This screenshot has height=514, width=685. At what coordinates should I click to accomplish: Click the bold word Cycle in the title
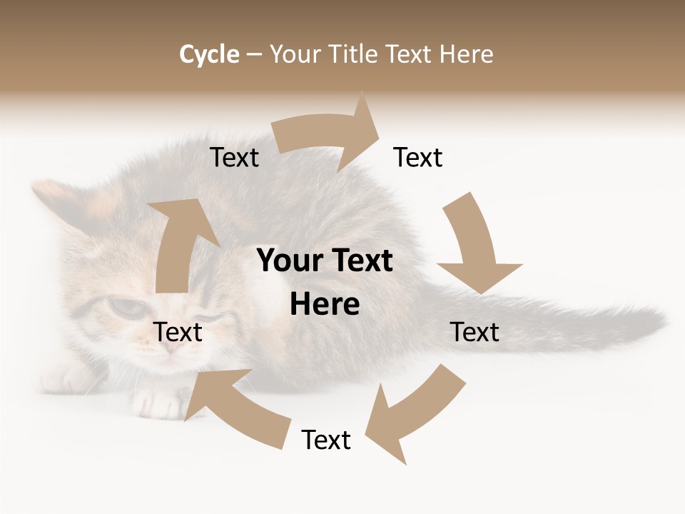point(209,54)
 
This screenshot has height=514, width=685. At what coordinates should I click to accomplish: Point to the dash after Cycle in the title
point(254,54)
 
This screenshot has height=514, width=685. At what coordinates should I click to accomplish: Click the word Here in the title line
point(467,54)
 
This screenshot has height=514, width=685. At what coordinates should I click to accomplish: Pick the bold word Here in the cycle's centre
point(325,305)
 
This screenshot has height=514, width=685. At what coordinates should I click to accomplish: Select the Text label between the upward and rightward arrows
point(235,157)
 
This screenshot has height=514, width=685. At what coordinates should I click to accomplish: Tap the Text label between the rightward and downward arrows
point(418,157)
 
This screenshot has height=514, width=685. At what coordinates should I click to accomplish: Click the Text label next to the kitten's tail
point(475,332)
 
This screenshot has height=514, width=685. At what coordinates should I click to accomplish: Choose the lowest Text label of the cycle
point(326,440)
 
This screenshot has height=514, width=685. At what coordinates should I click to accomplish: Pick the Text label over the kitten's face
point(178,332)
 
